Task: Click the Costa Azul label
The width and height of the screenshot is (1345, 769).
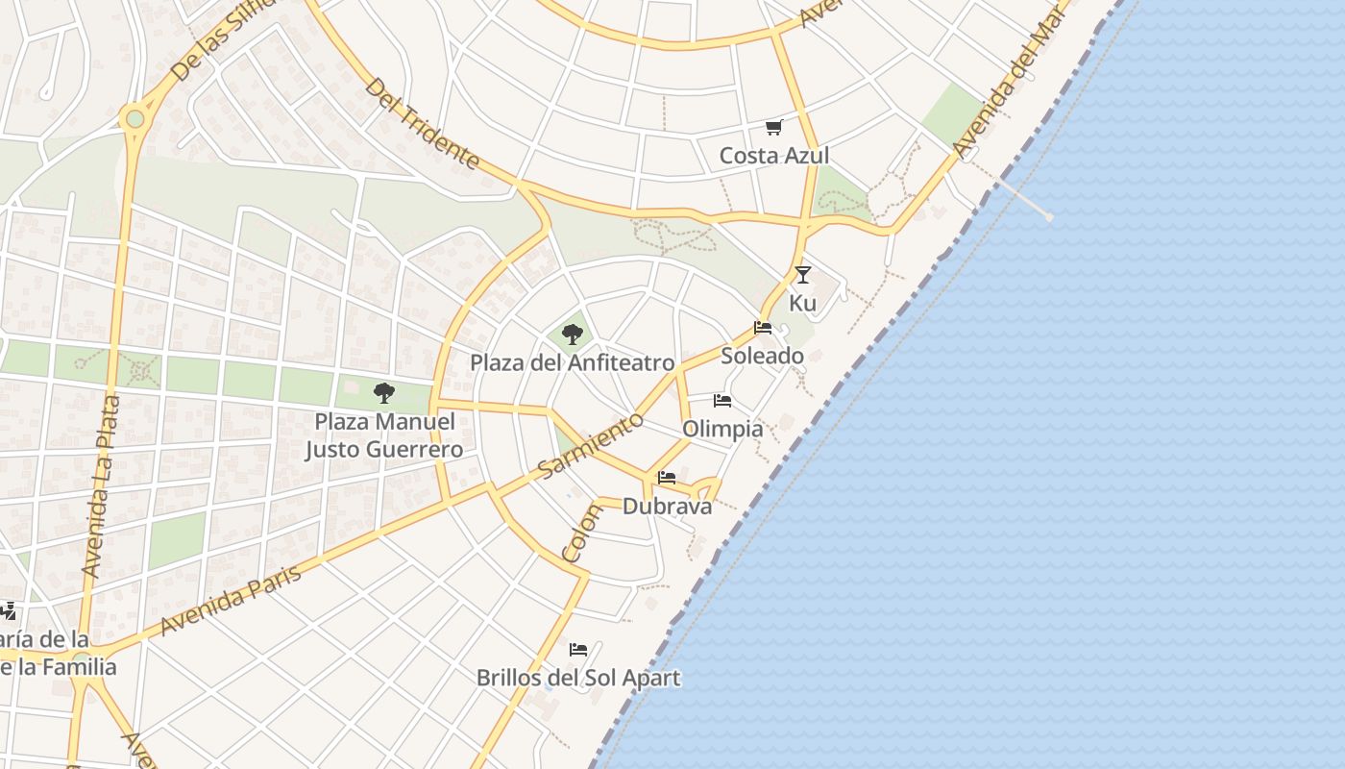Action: pyautogui.click(x=773, y=156)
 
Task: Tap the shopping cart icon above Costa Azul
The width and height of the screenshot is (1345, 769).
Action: pyautogui.click(x=773, y=128)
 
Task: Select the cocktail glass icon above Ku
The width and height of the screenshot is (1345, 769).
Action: pyautogui.click(x=802, y=275)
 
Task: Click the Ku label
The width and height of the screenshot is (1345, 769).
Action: pyautogui.click(x=802, y=303)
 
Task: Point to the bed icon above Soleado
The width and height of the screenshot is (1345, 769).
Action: pyautogui.click(x=763, y=328)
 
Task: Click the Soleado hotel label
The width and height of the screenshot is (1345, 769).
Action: pyautogui.click(x=762, y=356)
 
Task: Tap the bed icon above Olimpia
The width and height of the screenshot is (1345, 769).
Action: pyautogui.click(x=722, y=401)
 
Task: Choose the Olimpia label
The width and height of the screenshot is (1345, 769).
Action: pyautogui.click(x=722, y=429)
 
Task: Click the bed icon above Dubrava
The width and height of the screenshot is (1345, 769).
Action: pyautogui.click(x=667, y=478)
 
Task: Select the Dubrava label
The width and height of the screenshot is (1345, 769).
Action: pyautogui.click(x=668, y=506)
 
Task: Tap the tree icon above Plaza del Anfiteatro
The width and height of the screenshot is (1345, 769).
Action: pyautogui.click(x=572, y=335)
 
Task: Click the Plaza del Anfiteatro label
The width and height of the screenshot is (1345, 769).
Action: pyautogui.click(x=572, y=362)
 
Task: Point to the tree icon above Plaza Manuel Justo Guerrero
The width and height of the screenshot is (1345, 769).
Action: pyautogui.click(x=384, y=392)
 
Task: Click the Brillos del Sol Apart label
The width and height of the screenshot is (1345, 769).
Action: pyautogui.click(x=578, y=678)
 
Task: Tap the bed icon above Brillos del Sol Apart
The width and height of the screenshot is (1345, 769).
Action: pyautogui.click(x=578, y=650)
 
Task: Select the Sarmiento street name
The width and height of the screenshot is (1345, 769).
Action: pyautogui.click(x=590, y=446)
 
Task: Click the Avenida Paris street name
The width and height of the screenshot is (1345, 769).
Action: pyautogui.click(x=231, y=600)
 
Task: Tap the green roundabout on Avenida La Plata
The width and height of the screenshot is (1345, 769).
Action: pyautogui.click(x=134, y=119)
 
